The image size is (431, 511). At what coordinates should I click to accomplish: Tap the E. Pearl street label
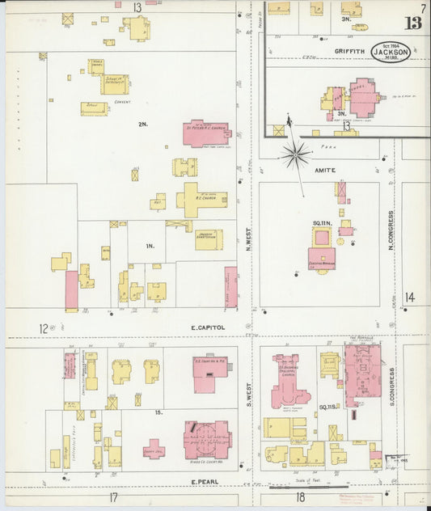pyautogui.click(x=205, y=482)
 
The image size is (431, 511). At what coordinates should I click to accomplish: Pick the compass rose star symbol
pyautogui.click(x=297, y=153)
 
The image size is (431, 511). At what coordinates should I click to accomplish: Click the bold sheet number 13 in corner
pyautogui.click(x=413, y=22)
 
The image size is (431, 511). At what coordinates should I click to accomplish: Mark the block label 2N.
pyautogui.click(x=143, y=124)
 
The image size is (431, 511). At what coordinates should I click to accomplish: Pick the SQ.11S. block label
pyautogui.click(x=327, y=406)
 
